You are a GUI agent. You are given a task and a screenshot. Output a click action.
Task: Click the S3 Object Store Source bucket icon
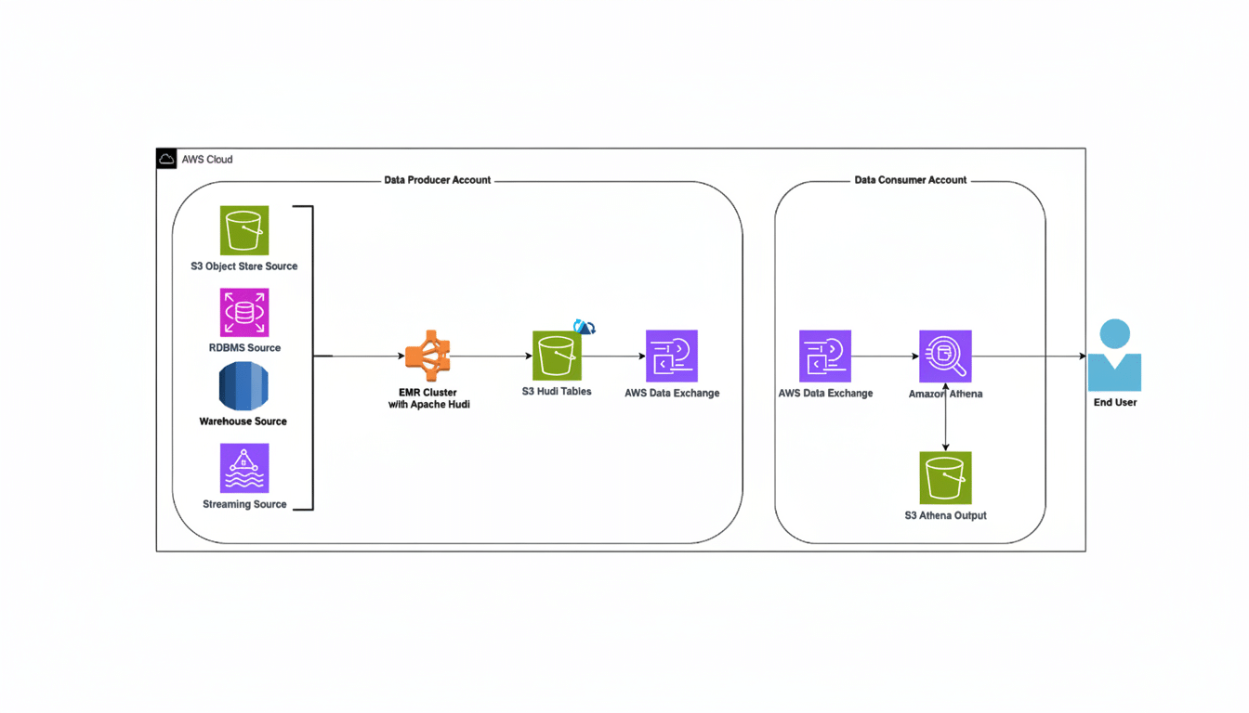(x=244, y=230)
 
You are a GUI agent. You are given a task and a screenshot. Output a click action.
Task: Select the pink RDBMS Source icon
(x=244, y=312)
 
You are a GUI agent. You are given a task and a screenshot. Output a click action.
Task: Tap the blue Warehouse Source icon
(x=243, y=386)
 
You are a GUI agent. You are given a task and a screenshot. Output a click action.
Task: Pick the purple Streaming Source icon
(x=244, y=468)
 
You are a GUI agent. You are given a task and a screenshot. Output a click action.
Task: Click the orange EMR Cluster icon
(x=428, y=356)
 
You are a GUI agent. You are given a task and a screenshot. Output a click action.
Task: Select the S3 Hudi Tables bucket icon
(x=557, y=356)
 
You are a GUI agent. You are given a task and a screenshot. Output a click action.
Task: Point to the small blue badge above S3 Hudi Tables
(x=585, y=327)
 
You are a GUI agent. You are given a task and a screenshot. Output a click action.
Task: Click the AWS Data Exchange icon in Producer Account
(x=671, y=356)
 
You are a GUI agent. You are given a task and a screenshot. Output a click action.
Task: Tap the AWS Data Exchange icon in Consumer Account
(x=824, y=356)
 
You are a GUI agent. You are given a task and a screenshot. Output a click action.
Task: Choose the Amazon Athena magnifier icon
(x=945, y=356)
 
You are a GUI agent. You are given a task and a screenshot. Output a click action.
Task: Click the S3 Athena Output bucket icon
(x=945, y=477)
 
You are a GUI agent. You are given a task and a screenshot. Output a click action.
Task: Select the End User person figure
(x=1114, y=356)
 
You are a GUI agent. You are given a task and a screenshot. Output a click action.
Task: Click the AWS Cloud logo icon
(x=166, y=159)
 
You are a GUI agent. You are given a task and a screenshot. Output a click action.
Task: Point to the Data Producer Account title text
(x=437, y=180)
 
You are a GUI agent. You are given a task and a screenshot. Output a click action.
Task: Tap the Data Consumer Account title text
(x=910, y=180)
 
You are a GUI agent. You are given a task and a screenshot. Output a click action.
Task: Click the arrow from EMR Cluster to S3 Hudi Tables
(x=491, y=356)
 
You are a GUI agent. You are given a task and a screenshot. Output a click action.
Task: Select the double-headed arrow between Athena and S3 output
(x=945, y=417)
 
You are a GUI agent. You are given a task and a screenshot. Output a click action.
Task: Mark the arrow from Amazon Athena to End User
(x=1027, y=356)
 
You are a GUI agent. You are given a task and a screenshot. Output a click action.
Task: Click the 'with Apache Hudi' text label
(x=428, y=405)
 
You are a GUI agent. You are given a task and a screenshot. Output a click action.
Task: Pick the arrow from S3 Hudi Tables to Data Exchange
(x=613, y=356)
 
